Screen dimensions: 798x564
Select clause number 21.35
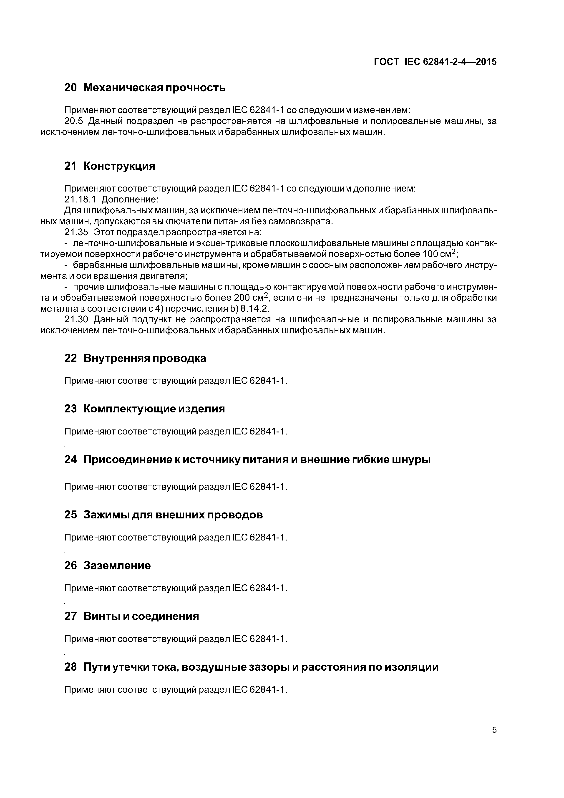[x=76, y=232]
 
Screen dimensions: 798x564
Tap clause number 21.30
[x=76, y=319]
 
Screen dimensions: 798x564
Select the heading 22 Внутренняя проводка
[x=135, y=358]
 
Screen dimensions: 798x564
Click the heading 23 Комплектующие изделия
[x=145, y=409]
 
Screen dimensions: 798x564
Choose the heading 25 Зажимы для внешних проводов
[x=163, y=515]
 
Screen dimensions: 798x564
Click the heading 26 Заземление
[x=108, y=566]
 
